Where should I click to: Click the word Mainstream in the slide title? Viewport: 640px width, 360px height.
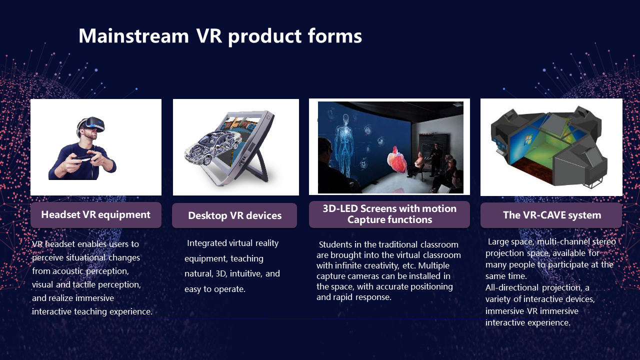coord(133,36)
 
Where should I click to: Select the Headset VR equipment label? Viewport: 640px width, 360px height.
coord(95,215)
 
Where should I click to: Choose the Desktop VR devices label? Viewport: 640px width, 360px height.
coord(234,215)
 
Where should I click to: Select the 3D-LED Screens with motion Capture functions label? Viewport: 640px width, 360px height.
coord(389,214)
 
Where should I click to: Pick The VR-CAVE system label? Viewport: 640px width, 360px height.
coord(551,215)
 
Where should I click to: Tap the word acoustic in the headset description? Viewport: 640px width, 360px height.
coord(68,271)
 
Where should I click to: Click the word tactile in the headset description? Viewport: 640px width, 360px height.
coord(84,284)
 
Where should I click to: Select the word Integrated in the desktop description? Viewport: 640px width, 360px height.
coord(207,243)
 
